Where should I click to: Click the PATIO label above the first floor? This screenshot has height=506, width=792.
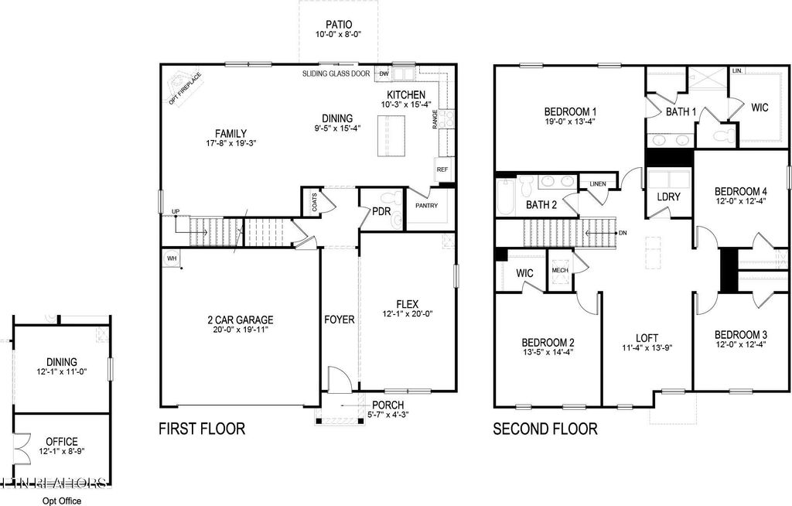point(338,23)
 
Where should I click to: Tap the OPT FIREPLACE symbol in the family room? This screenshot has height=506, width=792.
point(183,84)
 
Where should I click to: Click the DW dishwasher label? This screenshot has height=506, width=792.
point(383,74)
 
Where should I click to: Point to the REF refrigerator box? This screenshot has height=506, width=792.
point(442,169)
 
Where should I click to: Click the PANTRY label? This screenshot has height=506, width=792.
point(426,206)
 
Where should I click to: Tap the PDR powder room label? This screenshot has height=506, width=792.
point(380,210)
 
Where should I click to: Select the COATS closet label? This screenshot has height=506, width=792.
point(314,203)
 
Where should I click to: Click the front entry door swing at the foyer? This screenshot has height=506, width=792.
point(339,381)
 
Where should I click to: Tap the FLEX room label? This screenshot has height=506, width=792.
point(408,303)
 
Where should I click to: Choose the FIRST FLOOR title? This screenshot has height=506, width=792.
point(202,429)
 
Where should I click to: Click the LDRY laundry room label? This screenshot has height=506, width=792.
point(668,197)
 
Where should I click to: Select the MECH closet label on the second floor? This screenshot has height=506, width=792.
point(559,271)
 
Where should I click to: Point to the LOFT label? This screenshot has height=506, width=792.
point(647,337)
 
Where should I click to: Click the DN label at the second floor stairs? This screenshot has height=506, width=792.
point(623,232)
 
